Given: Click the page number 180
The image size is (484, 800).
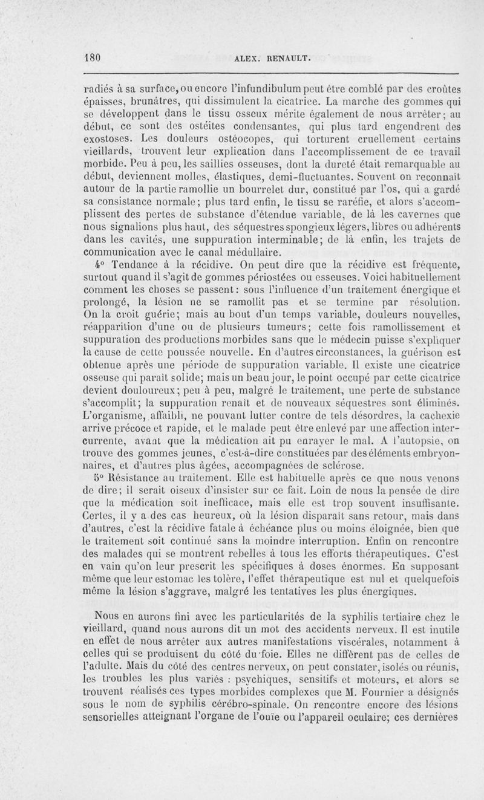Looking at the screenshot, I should click(x=91, y=58).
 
